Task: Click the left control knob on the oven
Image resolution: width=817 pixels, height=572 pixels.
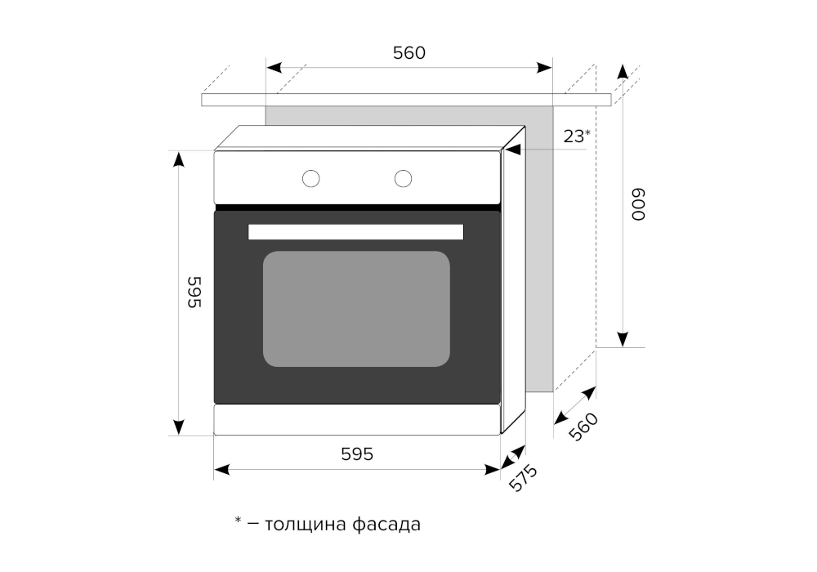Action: [x=310, y=177]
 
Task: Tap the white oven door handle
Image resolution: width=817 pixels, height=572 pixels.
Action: [x=355, y=232]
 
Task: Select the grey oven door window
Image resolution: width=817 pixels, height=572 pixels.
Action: [x=356, y=309]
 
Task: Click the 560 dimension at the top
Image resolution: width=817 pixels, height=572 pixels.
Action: [x=409, y=53]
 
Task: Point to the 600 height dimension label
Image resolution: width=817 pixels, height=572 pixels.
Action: [x=637, y=204]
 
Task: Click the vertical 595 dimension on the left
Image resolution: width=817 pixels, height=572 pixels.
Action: [x=194, y=293]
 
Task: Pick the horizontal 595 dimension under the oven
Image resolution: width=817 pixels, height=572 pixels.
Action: [x=356, y=454]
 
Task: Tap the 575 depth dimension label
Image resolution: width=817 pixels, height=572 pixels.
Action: [x=523, y=478]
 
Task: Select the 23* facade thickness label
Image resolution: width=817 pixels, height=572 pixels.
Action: [x=576, y=136]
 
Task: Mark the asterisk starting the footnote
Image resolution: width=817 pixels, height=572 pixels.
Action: [x=239, y=521]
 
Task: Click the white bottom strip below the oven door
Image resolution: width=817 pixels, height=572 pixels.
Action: [x=356, y=420]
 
